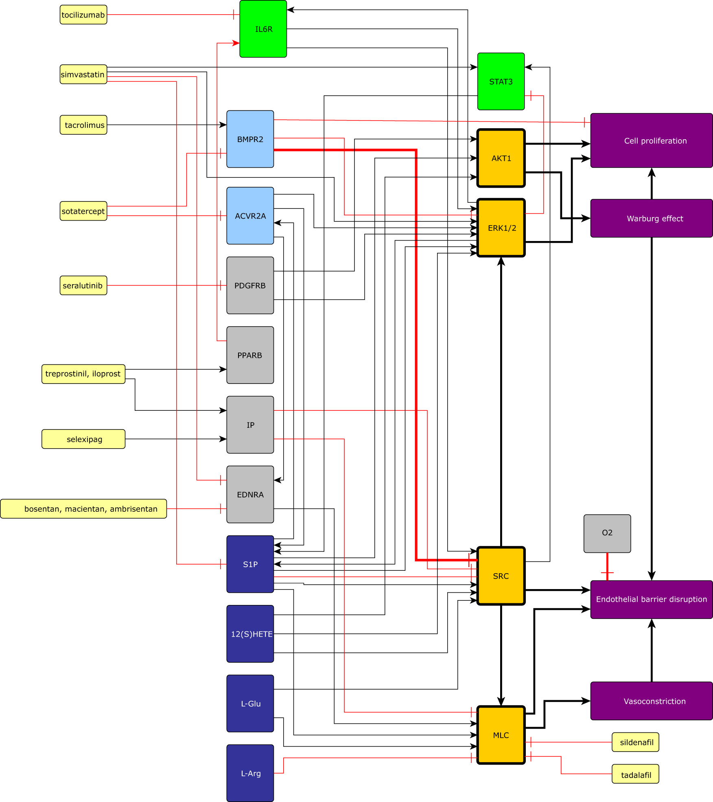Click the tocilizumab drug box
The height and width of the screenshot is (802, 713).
pos(83,15)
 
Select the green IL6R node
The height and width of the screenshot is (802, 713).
pos(263,29)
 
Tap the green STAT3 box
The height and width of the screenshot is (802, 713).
pos(501,81)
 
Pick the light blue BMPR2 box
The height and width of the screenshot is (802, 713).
pos(250,139)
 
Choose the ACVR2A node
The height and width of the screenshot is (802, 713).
pos(250,216)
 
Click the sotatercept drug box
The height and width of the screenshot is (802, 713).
pos(83,211)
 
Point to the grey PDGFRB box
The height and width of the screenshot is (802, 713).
pos(250,285)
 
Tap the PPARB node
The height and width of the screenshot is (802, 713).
pos(250,355)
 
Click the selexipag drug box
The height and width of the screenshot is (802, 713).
pos(83,439)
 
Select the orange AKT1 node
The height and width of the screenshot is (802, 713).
pos(501,158)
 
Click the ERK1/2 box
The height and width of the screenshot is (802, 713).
pos(501,228)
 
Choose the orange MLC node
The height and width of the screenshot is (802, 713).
pos(501,735)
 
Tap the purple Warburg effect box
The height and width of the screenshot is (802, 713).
pos(652,218)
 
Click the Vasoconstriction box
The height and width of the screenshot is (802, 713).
pos(652,701)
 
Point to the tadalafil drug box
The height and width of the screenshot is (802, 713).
pos(635,774)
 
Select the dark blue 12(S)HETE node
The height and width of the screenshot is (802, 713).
pos(250,634)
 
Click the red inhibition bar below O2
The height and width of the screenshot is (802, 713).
pos(607,572)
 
